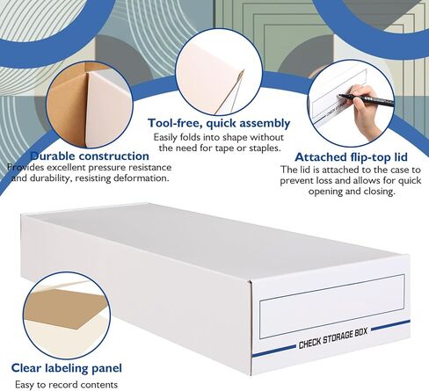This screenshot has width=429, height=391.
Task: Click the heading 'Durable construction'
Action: (90, 156)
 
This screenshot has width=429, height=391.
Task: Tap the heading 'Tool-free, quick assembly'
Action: (219, 123)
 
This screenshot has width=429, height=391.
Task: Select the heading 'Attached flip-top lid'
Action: (351, 157)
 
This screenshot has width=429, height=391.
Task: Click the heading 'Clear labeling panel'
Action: (67, 368)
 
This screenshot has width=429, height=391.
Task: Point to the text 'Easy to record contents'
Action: (67, 384)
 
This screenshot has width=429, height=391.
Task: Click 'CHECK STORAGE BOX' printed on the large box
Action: (333, 337)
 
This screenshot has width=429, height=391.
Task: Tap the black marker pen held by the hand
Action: (367, 100)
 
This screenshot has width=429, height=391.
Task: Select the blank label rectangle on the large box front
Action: (332, 306)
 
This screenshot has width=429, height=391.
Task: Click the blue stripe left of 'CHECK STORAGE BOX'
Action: (273, 351)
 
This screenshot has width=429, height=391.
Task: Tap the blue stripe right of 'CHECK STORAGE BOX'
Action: (390, 325)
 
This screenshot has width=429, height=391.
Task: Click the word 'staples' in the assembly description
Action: (265, 148)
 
